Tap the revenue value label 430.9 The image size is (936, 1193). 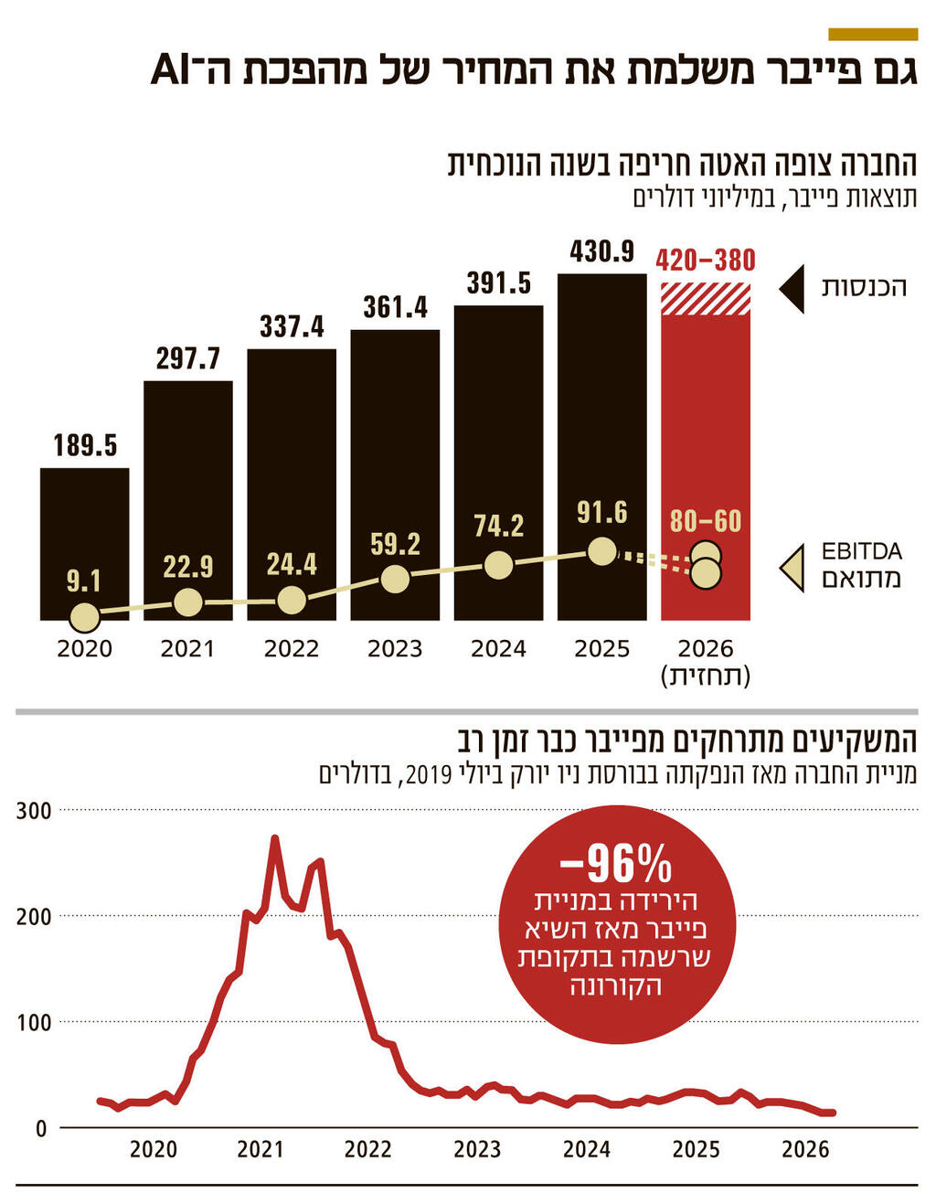[601, 250]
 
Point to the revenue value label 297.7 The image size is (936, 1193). [187, 358]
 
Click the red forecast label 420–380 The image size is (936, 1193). [705, 261]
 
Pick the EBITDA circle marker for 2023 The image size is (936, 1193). [394, 579]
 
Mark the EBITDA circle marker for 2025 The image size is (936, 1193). [601, 551]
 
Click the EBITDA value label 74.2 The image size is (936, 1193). [498, 526]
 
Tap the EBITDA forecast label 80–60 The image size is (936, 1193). [705, 521]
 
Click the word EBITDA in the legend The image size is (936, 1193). [861, 551]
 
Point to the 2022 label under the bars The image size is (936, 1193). [291, 649]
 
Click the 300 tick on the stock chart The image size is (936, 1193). [33, 810]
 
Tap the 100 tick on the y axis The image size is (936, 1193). [33, 1022]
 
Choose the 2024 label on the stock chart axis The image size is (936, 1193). [586, 1149]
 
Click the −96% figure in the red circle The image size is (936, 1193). [615, 862]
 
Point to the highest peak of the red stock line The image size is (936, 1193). [274, 837]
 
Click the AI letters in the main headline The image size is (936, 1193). [175, 71]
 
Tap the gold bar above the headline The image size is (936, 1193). [872, 35]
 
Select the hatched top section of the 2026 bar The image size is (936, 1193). [705, 299]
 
